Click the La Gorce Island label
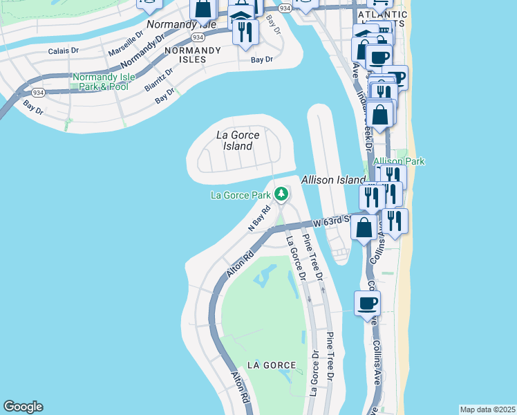pos(238,140)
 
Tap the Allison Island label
pos(332,180)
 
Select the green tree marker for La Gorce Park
pos(281,194)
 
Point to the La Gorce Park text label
pos(241,196)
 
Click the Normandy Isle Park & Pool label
pos(100,82)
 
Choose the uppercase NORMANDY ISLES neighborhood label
pos(193,55)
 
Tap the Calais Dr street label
pos(64,51)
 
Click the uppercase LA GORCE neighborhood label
pos(272,365)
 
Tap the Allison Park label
pos(399,161)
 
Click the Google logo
pos(23,407)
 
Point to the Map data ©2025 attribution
pos(487,409)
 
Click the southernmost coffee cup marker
pos(367,303)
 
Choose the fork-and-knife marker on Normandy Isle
pos(245,32)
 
